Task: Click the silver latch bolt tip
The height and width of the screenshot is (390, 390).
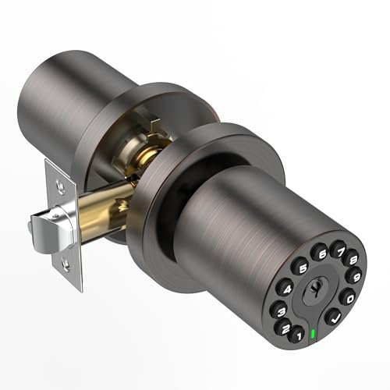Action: click(x=36, y=226)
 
